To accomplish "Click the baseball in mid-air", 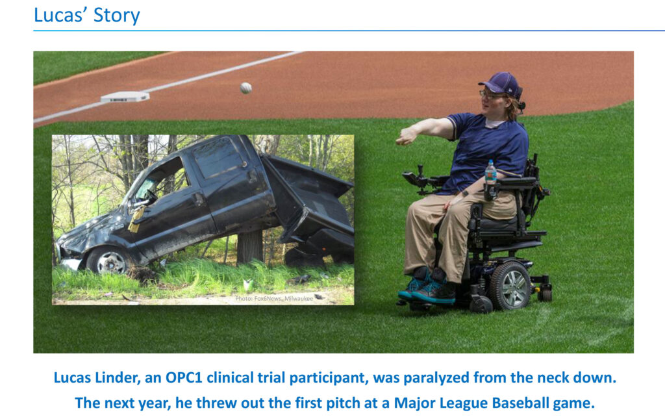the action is pos(245,88).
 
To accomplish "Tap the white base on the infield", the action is pos(125,97).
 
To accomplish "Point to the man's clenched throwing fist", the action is pos(406,136).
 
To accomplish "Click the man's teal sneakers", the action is pos(426,286).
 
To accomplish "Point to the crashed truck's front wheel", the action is pos(109,260).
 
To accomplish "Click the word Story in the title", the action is pos(117,16).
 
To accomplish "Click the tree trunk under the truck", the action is pos(250,246).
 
